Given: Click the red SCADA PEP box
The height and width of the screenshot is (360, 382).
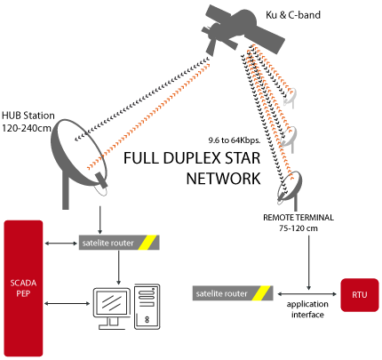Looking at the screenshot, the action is pyautogui.click(x=23, y=288).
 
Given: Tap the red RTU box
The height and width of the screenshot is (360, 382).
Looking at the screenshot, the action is pyautogui.click(x=360, y=295).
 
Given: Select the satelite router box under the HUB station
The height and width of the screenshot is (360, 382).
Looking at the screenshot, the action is pyautogui.click(x=119, y=243).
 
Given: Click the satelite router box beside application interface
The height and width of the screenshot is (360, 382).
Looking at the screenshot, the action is pyautogui.click(x=233, y=293).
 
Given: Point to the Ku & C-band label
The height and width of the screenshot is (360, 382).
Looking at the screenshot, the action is pyautogui.click(x=293, y=15).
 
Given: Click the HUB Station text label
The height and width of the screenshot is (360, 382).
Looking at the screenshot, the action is pyautogui.click(x=28, y=116).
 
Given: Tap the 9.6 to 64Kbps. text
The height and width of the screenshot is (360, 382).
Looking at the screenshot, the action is pyautogui.click(x=234, y=140).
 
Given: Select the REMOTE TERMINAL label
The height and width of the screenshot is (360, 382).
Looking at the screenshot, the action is pyautogui.click(x=298, y=218).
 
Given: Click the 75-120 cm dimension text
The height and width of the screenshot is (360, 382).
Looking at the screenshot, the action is pyautogui.click(x=298, y=228).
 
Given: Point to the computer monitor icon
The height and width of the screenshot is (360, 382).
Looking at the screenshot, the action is pyautogui.click(x=112, y=308).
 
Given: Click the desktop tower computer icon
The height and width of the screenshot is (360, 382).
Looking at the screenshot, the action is pyautogui.click(x=147, y=307).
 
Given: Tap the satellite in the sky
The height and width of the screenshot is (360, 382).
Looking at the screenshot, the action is pyautogui.click(x=243, y=28).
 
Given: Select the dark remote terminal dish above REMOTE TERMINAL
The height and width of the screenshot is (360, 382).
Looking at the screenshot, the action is pyautogui.click(x=290, y=187).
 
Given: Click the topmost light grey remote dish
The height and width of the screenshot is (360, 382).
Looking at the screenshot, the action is pyautogui.click(x=290, y=97).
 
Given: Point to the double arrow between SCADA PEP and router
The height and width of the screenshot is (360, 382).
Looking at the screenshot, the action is pyautogui.click(x=60, y=244).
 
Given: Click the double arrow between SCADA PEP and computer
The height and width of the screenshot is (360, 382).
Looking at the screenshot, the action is pyautogui.click(x=68, y=303).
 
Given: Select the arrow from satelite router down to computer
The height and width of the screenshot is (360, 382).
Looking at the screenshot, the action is pyautogui.click(x=119, y=268).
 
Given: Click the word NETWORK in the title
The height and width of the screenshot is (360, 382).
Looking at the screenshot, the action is pyautogui.click(x=223, y=179).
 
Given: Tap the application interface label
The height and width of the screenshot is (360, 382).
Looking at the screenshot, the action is pyautogui.click(x=307, y=309).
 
